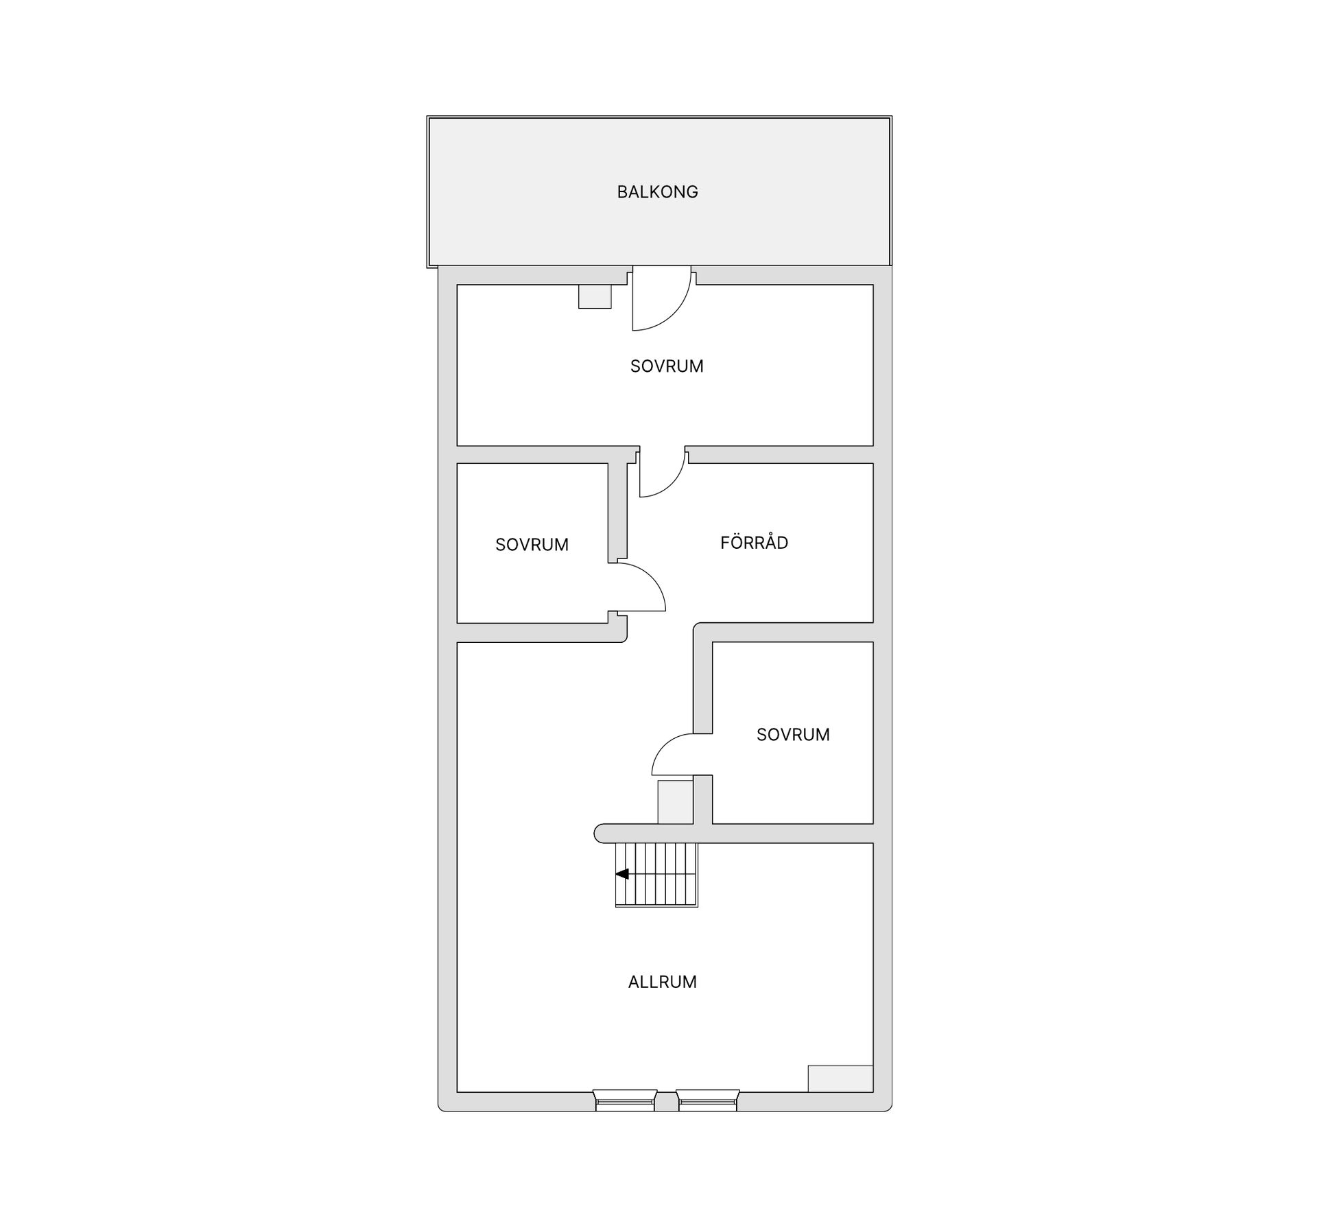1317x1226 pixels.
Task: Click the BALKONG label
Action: (657, 192)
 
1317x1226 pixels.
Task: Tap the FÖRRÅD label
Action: (754, 543)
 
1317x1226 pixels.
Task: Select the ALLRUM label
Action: (662, 982)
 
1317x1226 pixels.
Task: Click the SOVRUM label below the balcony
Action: (667, 366)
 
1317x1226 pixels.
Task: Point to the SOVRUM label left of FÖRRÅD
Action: (532, 545)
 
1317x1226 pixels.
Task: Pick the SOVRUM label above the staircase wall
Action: (793, 735)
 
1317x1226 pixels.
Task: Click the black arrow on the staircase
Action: (622, 874)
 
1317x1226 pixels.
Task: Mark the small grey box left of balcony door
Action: (595, 297)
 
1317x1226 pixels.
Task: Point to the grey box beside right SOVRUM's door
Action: (676, 802)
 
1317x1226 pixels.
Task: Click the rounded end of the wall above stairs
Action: (598, 834)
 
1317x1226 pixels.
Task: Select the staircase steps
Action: (656, 875)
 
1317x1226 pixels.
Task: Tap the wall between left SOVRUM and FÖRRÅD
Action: (617, 511)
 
